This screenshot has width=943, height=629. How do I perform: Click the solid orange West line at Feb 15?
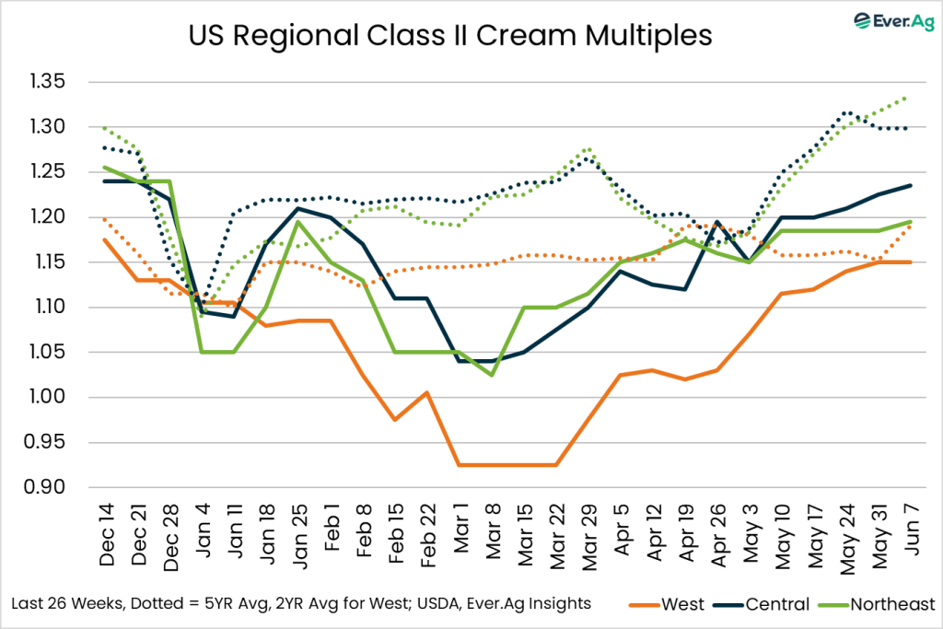coord(394,420)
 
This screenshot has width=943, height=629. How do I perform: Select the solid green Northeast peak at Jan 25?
coord(297,222)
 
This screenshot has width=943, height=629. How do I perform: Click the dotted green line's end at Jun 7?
coord(910,97)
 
